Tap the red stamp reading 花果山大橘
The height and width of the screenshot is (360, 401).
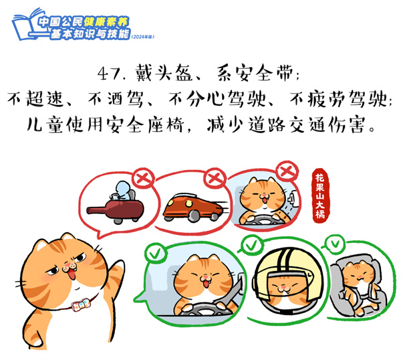320,195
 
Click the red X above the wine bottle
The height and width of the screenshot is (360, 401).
144,179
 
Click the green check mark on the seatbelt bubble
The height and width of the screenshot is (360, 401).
156,253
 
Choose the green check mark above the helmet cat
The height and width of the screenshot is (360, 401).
251,246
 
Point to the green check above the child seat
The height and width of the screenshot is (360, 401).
335,244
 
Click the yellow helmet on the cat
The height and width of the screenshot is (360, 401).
288,272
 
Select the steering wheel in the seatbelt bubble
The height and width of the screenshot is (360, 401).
201,308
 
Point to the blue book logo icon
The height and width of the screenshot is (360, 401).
25,25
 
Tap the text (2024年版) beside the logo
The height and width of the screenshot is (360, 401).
143,37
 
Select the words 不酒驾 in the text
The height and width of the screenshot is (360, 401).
115,99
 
